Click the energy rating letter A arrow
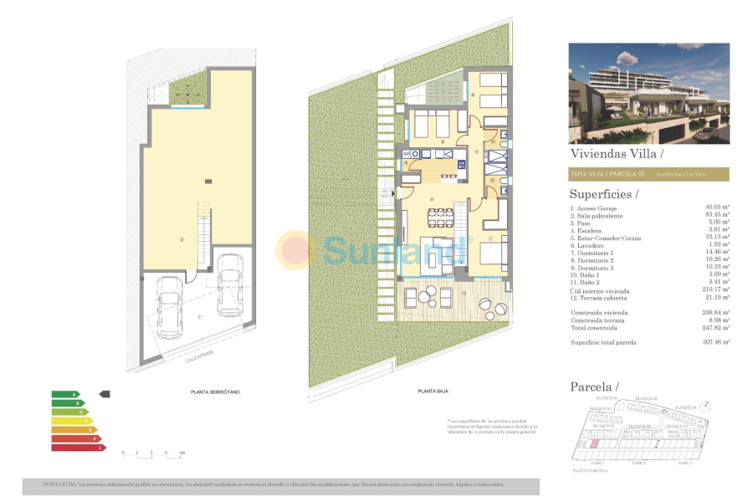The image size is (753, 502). click(64, 394)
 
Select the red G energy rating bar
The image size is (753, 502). click(78, 448)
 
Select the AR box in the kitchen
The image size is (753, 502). click(407, 154)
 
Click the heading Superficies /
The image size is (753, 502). click(603, 194)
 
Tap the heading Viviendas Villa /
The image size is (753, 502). click(616, 154)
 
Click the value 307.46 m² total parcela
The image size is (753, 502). click(716, 342)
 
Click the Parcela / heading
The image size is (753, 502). click(594, 387)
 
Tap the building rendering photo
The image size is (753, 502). click(648, 93)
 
